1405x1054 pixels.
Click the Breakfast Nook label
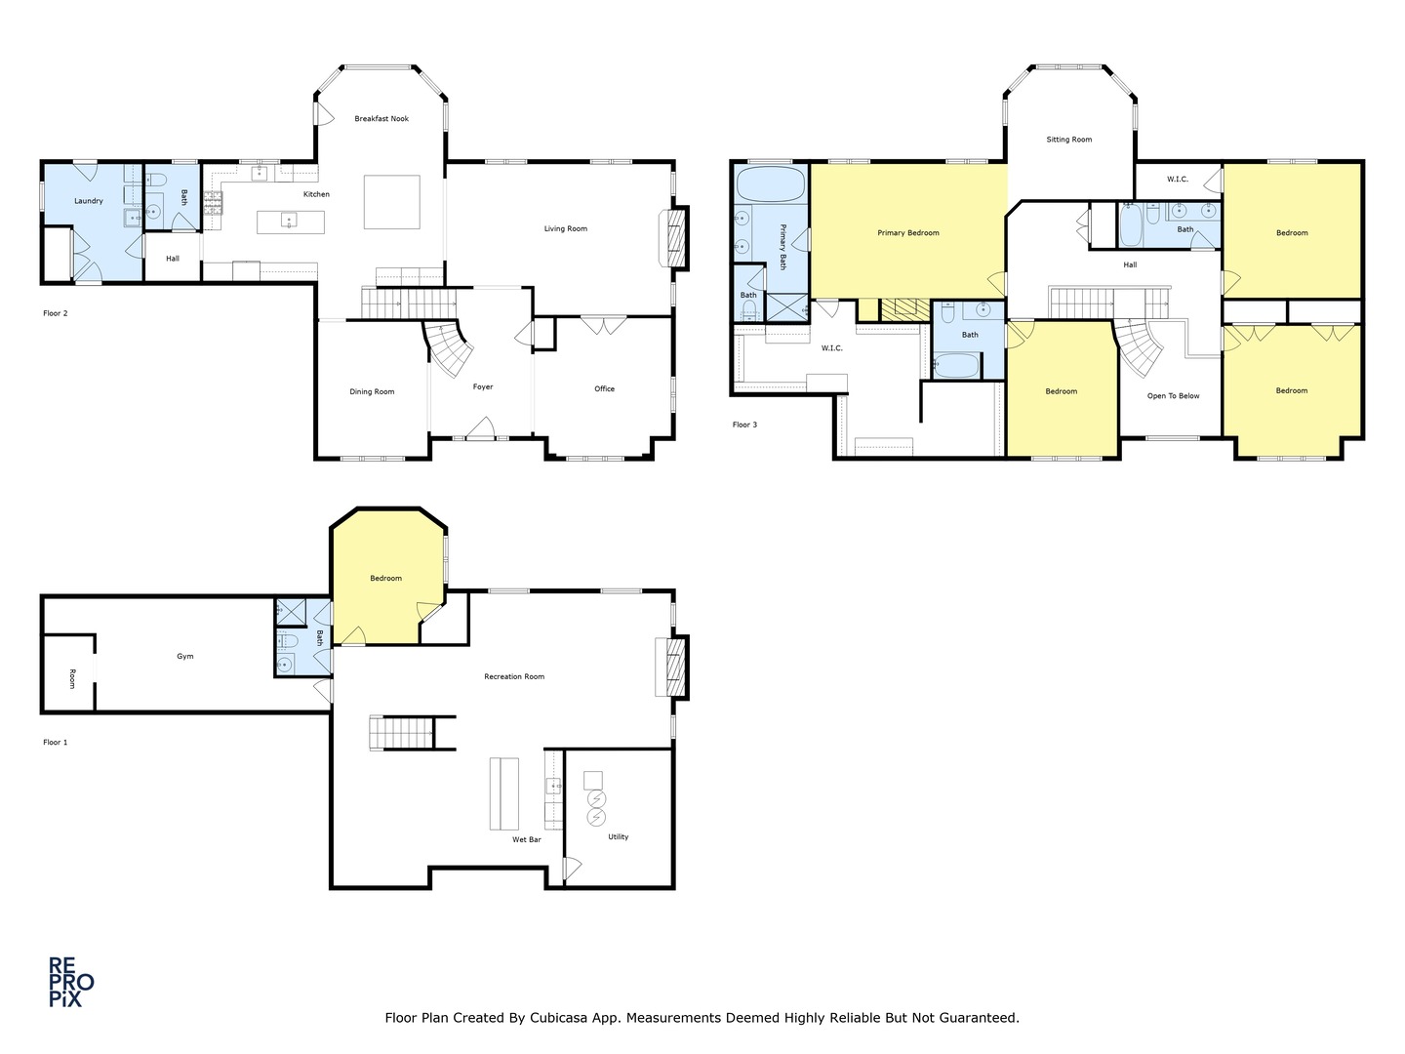click(x=381, y=118)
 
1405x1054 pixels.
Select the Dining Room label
click(x=372, y=391)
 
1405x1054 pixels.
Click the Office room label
click(x=604, y=388)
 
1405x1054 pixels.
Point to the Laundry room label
click(x=89, y=201)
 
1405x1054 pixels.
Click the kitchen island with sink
click(x=291, y=223)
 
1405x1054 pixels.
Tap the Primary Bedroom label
click(x=908, y=233)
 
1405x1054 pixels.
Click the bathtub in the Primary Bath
click(x=772, y=184)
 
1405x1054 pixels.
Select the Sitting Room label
click(x=1069, y=140)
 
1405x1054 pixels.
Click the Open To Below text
click(x=1174, y=396)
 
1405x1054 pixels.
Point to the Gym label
click(x=185, y=657)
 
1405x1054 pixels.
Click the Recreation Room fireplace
click(x=672, y=667)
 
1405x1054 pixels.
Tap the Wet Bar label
click(x=526, y=839)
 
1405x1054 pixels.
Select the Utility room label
click(x=619, y=837)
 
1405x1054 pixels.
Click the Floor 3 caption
click(x=744, y=425)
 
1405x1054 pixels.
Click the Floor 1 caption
click(x=55, y=743)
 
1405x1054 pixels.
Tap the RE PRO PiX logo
click(x=71, y=983)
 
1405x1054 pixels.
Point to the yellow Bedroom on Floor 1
click(x=386, y=579)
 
